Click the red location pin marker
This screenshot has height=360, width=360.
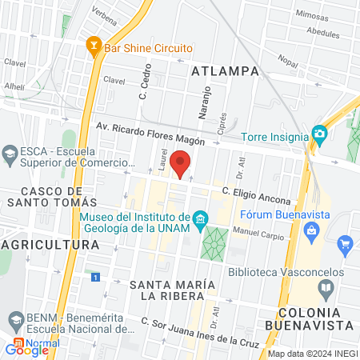(x=181, y=164)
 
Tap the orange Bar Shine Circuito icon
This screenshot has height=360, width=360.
(x=94, y=47)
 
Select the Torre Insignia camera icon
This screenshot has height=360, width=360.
(x=320, y=133)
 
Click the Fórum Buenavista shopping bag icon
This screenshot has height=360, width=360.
(x=314, y=232)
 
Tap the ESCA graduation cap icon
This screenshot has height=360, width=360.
(x=10, y=153)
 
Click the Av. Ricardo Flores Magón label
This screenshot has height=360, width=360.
(x=150, y=134)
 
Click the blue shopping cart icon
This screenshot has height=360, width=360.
(x=345, y=243)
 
